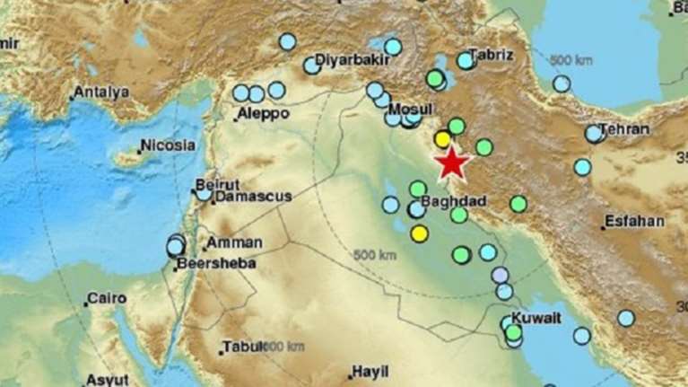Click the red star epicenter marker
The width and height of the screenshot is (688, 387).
[452, 163]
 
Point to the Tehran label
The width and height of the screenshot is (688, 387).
[624, 129]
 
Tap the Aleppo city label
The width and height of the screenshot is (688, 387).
[263, 114]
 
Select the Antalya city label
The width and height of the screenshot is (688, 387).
[101, 92]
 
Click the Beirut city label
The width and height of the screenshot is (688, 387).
[217, 185]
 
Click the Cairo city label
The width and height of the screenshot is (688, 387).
[107, 299]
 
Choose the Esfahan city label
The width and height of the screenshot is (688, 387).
[634, 221]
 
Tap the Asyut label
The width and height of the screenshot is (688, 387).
[109, 380]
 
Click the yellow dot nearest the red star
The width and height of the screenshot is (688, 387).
[442, 139]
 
